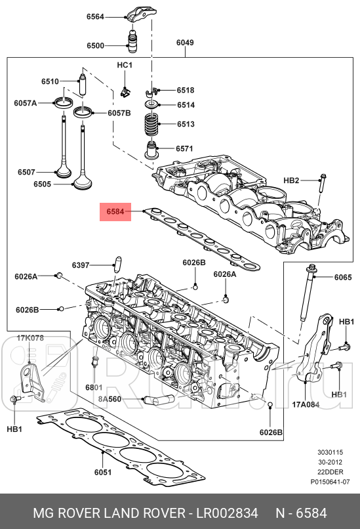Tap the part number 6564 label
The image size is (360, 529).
[x=95, y=18]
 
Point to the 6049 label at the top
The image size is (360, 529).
[x=185, y=43]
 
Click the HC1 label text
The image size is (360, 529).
[x=125, y=66]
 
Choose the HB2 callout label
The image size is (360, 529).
[x=291, y=180]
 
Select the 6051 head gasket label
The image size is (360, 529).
[x=103, y=472]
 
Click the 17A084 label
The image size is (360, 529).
[x=306, y=404]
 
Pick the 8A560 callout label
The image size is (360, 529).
[x=110, y=398]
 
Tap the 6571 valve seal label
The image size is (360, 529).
[x=184, y=149]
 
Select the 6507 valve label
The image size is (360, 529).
[x=26, y=172]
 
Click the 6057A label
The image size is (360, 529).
[x=26, y=103]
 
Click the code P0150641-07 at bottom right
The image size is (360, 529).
[x=331, y=480]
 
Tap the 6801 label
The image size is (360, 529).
[x=94, y=388]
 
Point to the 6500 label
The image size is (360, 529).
[x=95, y=46]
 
